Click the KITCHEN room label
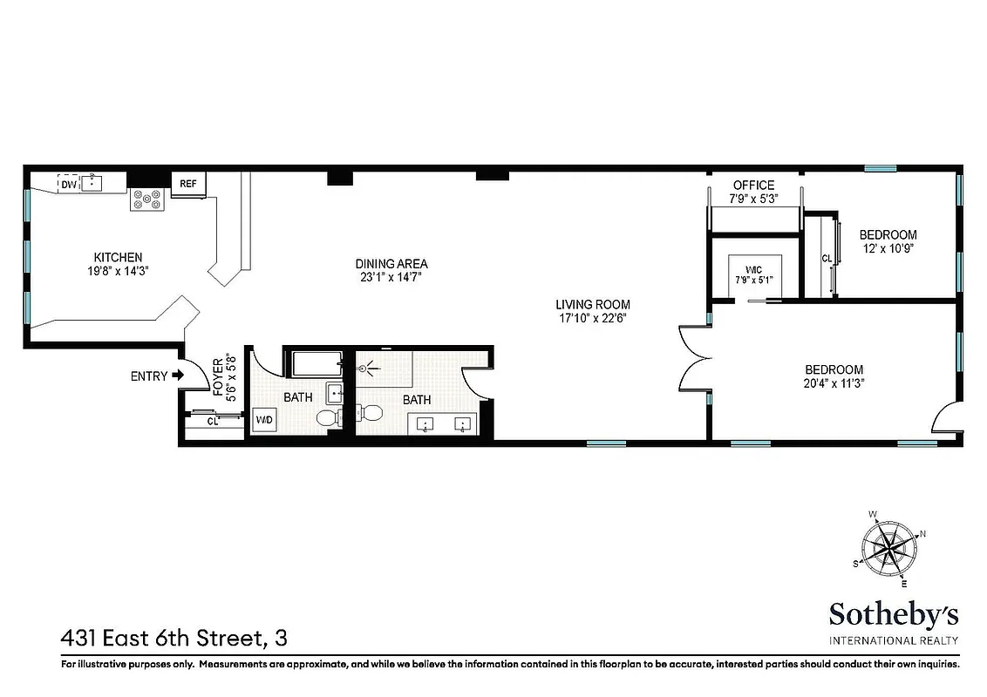click(x=118, y=257)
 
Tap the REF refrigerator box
click(x=188, y=184)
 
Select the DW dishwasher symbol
click(x=68, y=183)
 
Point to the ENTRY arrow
click(x=178, y=376)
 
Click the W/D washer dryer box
click(x=263, y=420)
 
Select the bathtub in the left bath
click(x=316, y=363)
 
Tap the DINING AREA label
click(x=391, y=264)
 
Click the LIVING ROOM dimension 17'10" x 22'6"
click(x=593, y=318)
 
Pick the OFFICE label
click(x=753, y=185)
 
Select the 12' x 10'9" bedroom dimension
click(x=888, y=248)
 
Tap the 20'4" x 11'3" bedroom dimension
click(x=834, y=382)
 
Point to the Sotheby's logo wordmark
click(x=894, y=614)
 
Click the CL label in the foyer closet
click(x=212, y=422)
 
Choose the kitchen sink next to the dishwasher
click(x=93, y=183)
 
